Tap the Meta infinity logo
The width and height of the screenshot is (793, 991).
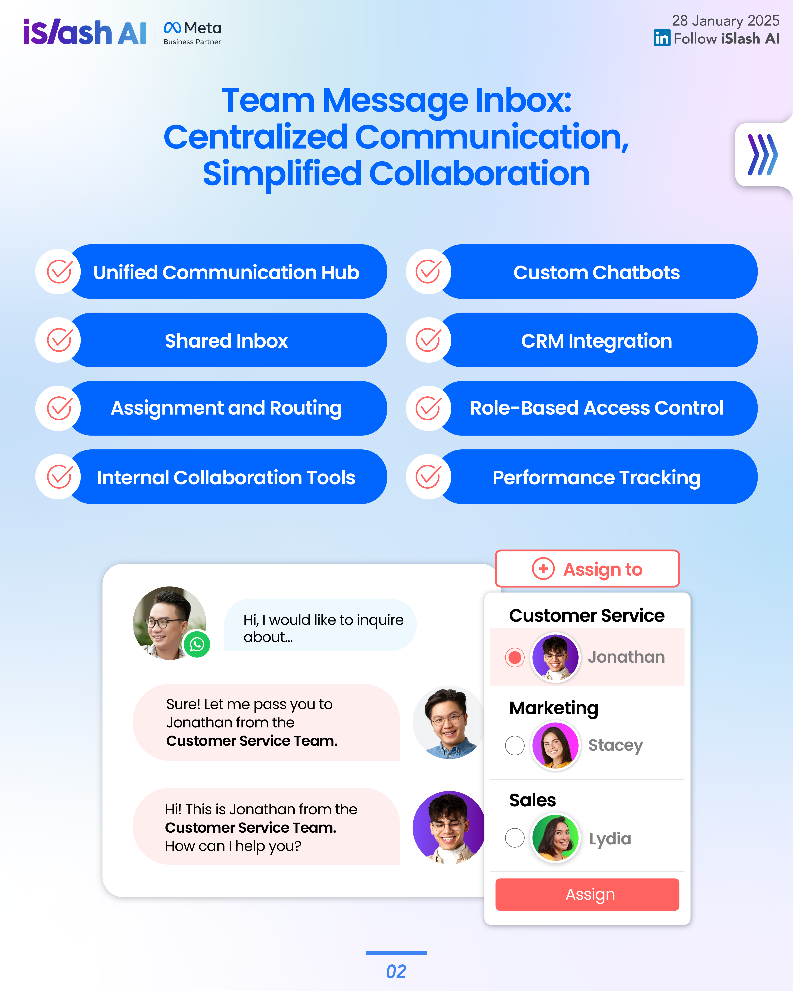pyautogui.click(x=172, y=28)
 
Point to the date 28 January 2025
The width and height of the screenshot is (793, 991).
pyautogui.click(x=726, y=21)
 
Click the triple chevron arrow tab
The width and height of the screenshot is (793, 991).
pyautogui.click(x=762, y=155)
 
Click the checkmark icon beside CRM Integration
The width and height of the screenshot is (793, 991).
pyautogui.click(x=428, y=340)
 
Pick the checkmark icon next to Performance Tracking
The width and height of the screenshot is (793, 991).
pyautogui.click(x=428, y=477)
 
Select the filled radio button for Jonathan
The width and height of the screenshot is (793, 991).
pyautogui.click(x=514, y=657)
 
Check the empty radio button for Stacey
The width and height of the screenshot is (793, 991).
pyautogui.click(x=514, y=745)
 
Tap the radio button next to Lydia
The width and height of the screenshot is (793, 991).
pyautogui.click(x=514, y=838)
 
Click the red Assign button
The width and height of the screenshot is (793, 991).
pyautogui.click(x=587, y=894)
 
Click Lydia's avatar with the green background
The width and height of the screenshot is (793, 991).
pyautogui.click(x=555, y=838)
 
